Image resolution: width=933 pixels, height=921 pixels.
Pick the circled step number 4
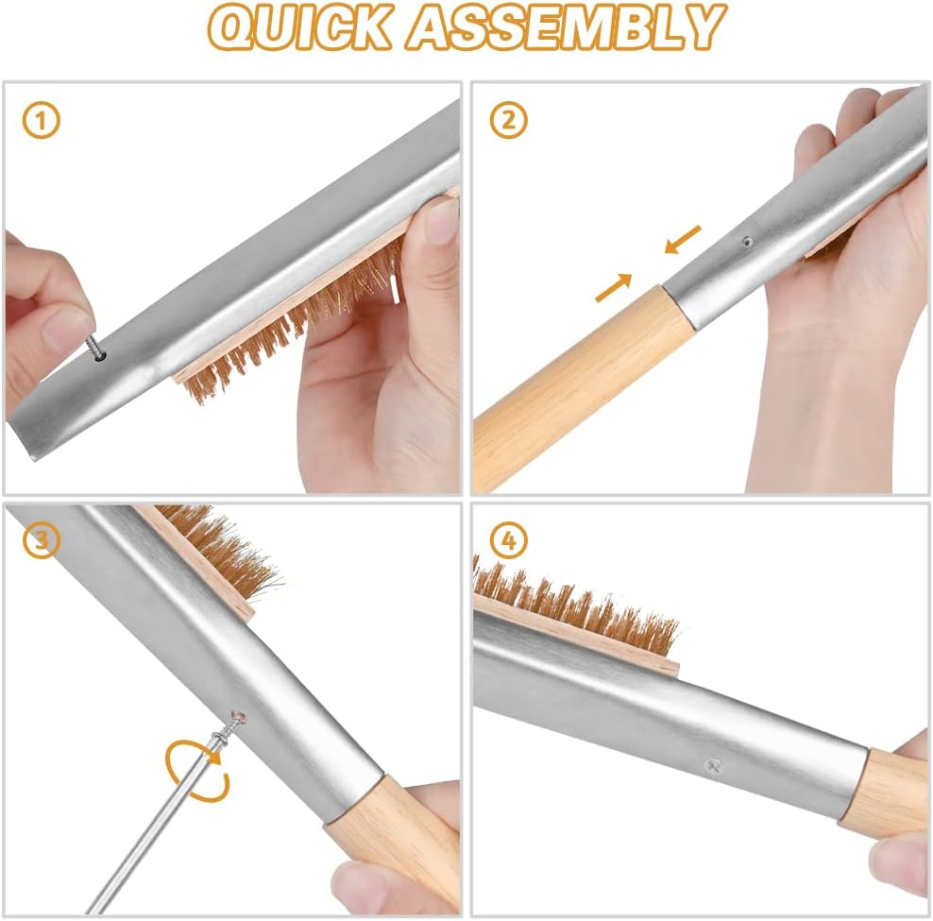pos(509,541)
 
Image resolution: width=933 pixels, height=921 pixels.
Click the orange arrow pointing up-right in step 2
pos(614,286)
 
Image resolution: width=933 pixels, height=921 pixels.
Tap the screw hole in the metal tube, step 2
pos(746,242)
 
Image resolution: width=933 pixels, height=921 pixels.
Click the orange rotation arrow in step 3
pos(193,770)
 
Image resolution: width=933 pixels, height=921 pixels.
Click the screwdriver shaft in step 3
pos(151,831)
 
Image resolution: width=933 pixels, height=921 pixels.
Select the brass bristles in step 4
pos(576,605)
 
